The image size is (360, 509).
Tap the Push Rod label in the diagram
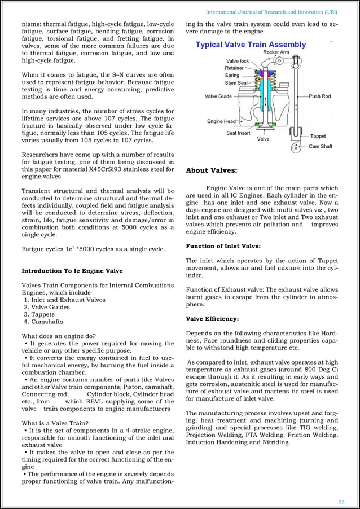[x=320, y=96]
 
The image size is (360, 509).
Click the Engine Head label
[x=221, y=121]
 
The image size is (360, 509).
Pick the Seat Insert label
[x=239, y=133]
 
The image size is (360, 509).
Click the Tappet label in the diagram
[x=318, y=136]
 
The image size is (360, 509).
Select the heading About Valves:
[x=212, y=170]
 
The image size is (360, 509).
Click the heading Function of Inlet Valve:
[x=223, y=246]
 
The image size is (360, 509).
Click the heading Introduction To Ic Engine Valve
[x=72, y=271]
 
